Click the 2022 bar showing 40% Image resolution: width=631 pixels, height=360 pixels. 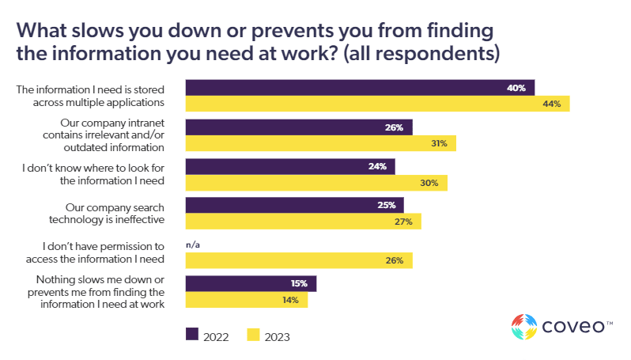(x=360, y=87)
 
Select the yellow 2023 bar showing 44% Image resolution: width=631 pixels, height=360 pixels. (x=377, y=104)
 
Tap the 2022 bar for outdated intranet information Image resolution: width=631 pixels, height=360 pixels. (x=298, y=127)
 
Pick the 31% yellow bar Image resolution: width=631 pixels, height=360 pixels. (x=320, y=143)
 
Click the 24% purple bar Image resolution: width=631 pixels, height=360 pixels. (x=289, y=166)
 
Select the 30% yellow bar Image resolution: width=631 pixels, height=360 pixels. (x=316, y=183)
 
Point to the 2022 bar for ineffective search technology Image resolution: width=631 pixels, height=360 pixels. (x=294, y=205)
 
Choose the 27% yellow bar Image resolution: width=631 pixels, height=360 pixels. (x=303, y=222)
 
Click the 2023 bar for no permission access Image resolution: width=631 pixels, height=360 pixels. (x=298, y=260)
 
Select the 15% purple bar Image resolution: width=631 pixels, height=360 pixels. (x=251, y=283)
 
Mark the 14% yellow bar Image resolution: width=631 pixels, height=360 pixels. (x=246, y=300)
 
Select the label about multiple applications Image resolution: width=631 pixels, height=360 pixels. (x=90, y=95)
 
